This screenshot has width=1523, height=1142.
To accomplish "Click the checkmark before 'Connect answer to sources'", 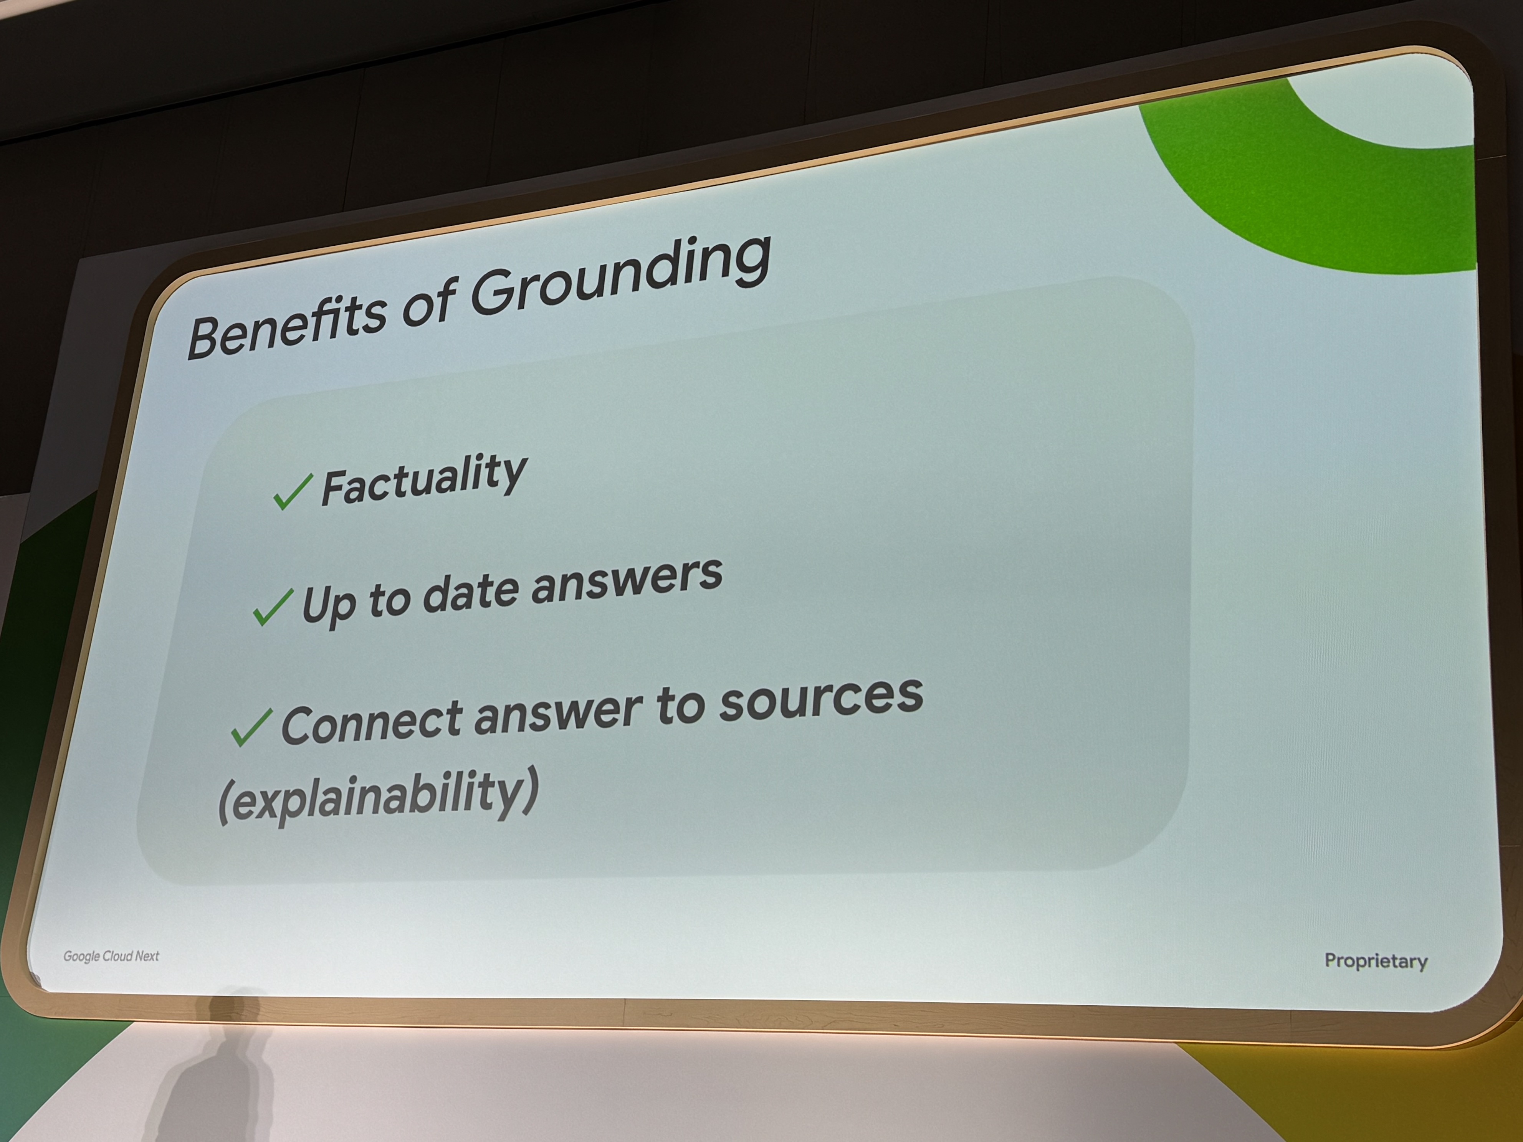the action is (x=252, y=727).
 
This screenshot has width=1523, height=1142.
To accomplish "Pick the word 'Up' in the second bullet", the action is (x=328, y=604).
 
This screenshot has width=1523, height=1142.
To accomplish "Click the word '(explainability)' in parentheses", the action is (x=378, y=797).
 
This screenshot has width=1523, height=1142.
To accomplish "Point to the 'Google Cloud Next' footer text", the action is (x=111, y=956).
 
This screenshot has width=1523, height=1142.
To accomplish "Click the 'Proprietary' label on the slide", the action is (x=1376, y=961).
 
